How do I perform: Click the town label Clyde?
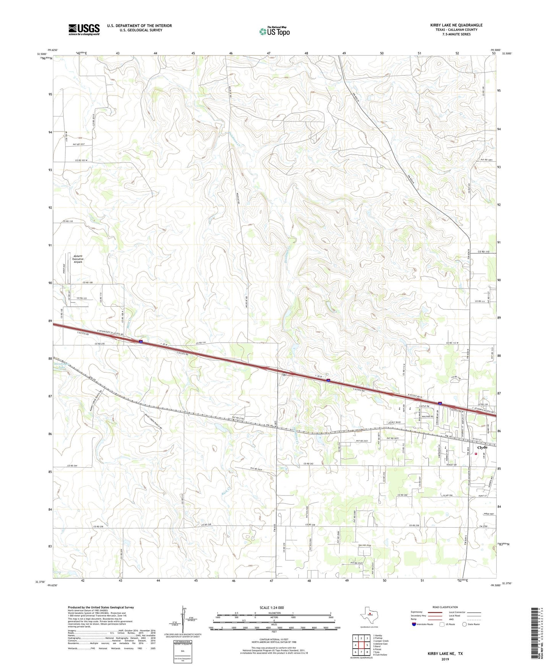[x=482, y=447]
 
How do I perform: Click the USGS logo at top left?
[x=84, y=29]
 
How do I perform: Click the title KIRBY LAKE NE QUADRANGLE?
[x=456, y=25]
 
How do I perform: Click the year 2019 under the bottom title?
[x=445, y=659]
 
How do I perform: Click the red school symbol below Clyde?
[x=476, y=453]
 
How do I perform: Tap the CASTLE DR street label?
[x=424, y=406]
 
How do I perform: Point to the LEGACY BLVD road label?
[x=393, y=423]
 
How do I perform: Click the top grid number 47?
[x=269, y=53]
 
